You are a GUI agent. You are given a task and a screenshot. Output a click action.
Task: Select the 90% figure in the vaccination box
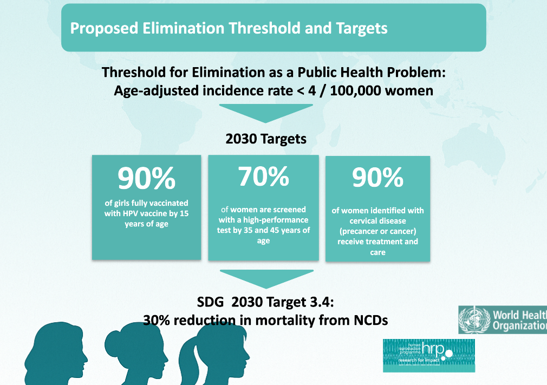click(147, 178)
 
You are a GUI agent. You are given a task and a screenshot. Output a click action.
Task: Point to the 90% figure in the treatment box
click(377, 178)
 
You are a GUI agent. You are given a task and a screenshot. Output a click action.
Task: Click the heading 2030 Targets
click(266, 139)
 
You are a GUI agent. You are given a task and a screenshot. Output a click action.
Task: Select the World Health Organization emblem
click(474, 319)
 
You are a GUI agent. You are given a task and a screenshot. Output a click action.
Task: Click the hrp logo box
click(428, 355)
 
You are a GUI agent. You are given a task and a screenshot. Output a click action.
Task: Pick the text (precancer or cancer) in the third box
click(377, 231)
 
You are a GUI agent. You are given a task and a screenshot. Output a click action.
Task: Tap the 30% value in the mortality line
click(156, 320)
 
